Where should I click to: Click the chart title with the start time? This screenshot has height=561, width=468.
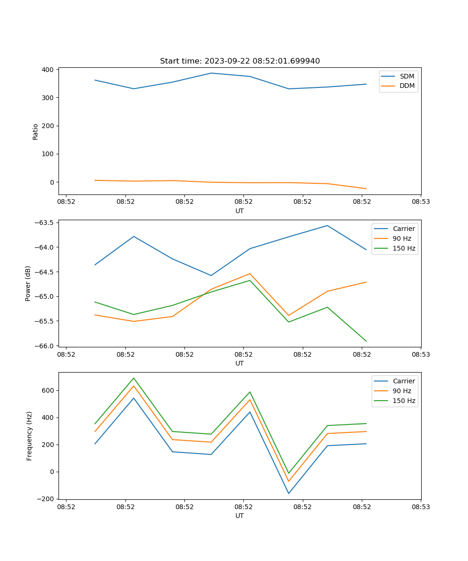(240, 61)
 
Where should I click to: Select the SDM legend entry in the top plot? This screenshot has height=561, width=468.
(407, 76)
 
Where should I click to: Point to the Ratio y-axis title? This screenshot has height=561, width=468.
(36, 132)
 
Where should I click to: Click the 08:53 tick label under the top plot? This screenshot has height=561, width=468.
(421, 202)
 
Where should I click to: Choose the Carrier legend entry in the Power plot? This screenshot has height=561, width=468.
(403, 229)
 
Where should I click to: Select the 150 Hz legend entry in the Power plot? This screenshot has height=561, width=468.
(403, 248)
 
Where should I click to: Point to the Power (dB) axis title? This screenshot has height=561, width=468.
(28, 283)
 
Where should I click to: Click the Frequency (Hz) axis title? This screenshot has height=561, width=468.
(29, 436)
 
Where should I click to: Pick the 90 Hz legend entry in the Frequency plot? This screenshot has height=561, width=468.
(402, 391)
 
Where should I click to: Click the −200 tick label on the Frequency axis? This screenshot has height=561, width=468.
(45, 499)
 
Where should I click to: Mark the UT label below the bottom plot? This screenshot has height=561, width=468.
(240, 516)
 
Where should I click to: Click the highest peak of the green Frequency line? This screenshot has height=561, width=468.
(134, 378)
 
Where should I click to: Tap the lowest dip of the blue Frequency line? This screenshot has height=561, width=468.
(289, 493)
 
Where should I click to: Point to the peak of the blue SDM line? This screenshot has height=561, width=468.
(211, 73)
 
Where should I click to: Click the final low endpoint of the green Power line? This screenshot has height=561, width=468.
(366, 341)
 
